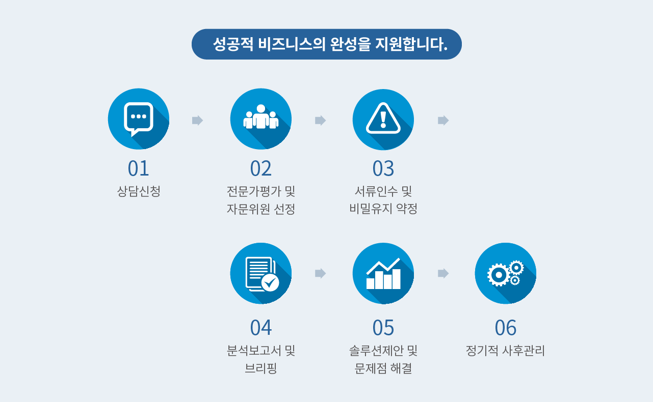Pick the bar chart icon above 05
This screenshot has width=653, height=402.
383,273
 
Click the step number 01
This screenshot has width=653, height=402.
139,168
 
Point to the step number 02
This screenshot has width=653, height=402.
261,168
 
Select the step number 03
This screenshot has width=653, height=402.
383,168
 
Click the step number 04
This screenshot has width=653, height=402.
261,328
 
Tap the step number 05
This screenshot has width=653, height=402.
383,328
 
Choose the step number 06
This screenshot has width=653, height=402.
506,328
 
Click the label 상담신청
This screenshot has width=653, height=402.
139,191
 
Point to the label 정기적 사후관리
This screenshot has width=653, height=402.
506,351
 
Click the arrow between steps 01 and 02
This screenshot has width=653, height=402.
197,120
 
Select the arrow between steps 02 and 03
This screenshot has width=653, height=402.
320,120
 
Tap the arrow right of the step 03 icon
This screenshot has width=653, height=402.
443,120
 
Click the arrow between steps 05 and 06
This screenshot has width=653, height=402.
443,273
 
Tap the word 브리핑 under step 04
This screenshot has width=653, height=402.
261,368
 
